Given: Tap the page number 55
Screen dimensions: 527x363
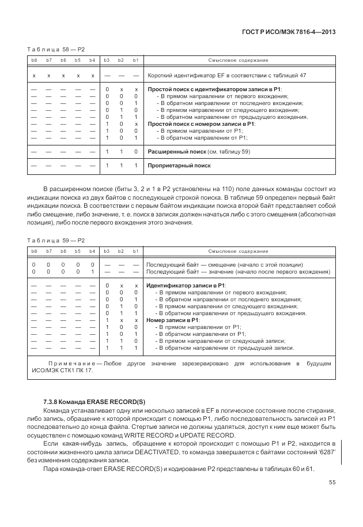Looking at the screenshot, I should tap(332, 483).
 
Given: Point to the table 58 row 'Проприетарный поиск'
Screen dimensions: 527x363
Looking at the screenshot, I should tap(179, 166).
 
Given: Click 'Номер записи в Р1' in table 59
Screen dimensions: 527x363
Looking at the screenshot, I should tap(173, 320).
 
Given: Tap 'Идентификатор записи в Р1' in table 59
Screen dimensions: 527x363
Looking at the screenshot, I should tap(186, 286).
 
